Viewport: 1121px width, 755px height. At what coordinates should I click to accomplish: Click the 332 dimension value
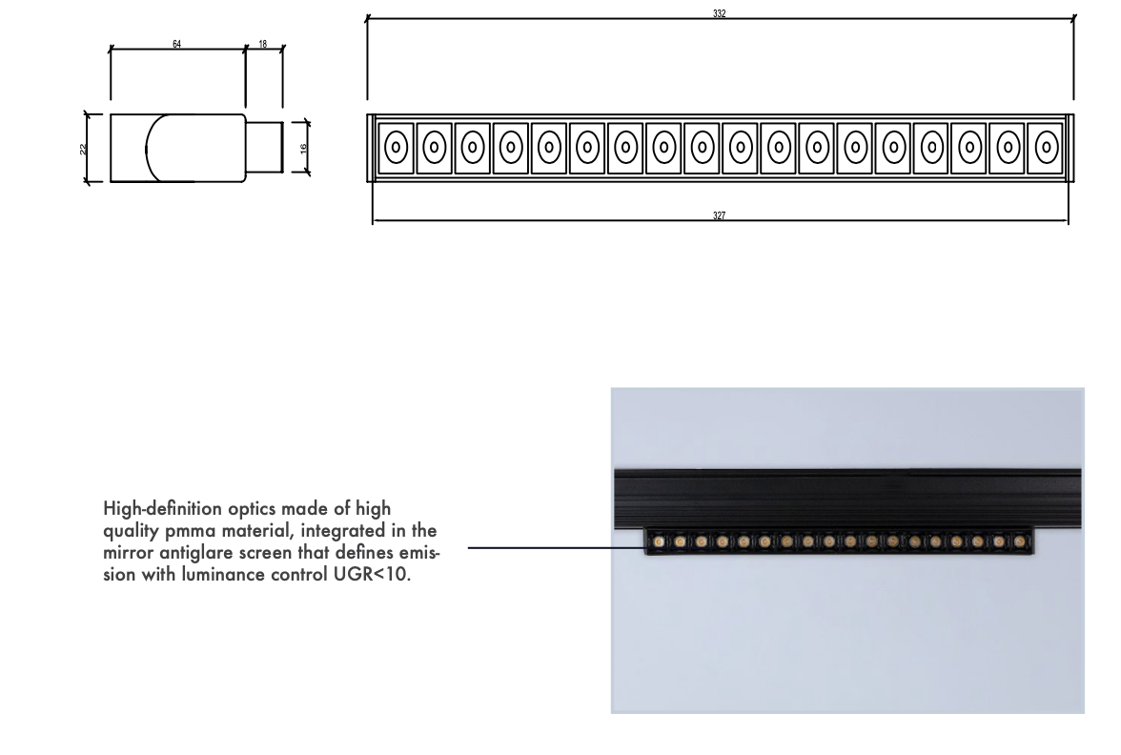coord(719,13)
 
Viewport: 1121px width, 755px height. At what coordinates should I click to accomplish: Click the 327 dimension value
coord(719,216)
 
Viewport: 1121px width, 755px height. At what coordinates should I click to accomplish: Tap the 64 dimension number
coord(177,44)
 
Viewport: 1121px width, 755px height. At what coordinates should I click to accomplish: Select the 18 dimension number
coord(263,44)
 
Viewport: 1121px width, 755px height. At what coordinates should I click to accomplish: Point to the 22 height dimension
coord(82,148)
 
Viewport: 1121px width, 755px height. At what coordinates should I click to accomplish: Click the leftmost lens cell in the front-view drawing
coord(397,148)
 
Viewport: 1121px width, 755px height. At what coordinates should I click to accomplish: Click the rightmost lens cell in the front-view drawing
coord(1047,148)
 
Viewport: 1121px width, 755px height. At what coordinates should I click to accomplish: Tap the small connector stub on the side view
coord(265,147)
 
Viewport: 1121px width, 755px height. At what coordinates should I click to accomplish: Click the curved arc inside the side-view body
coord(148,148)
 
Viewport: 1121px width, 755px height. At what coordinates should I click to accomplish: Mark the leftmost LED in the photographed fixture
coord(659,542)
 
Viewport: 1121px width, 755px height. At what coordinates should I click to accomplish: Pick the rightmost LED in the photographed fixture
coord(1019,542)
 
